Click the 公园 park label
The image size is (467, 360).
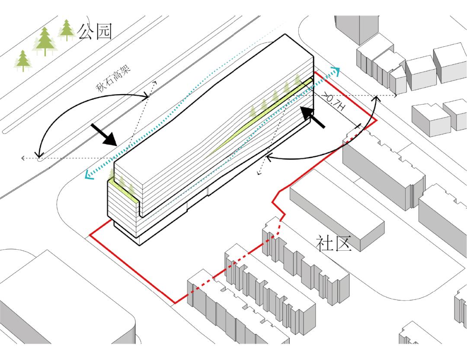pyautogui.click(x=95, y=31)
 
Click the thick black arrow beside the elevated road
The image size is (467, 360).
pyautogui.click(x=104, y=134)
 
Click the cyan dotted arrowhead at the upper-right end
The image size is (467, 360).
pyautogui.click(x=336, y=71)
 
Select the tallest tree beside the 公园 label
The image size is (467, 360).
pyautogui.click(x=45, y=41)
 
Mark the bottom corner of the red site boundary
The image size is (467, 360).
pyautogui.click(x=175, y=303)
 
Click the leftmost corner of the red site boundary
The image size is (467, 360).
pyautogui.click(x=90, y=235)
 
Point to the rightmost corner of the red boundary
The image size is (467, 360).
pyautogui.click(x=376, y=120)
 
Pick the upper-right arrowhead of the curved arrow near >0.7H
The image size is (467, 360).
pyautogui.click(x=376, y=99)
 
